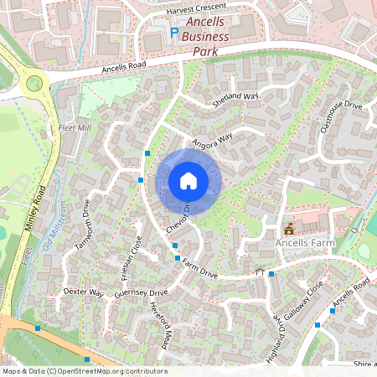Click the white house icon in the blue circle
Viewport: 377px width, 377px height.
[188, 181]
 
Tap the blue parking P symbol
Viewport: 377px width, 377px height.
[175, 33]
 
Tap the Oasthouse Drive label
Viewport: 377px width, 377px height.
[342, 115]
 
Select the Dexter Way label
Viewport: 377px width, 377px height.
[83, 293]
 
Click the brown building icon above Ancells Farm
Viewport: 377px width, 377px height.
[290, 228]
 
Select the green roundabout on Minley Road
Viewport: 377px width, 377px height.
[34, 82]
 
